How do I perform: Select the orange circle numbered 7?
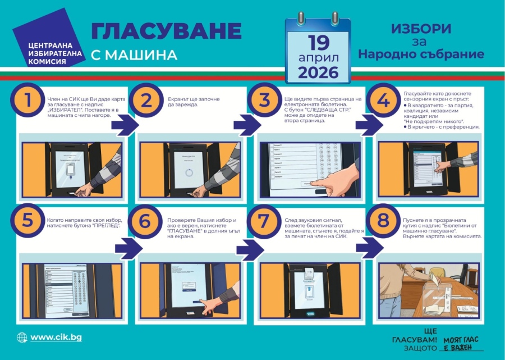click(x=264, y=221)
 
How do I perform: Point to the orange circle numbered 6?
click(x=145, y=221)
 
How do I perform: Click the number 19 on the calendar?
click(x=318, y=43)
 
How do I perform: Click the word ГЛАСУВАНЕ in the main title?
click(x=166, y=31)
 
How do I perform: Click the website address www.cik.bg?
click(x=56, y=337)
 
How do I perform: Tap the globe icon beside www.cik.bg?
click(x=22, y=338)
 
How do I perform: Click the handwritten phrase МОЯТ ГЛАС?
click(x=462, y=339)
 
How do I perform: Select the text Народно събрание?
click(x=421, y=54)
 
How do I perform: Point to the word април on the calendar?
click(x=318, y=58)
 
